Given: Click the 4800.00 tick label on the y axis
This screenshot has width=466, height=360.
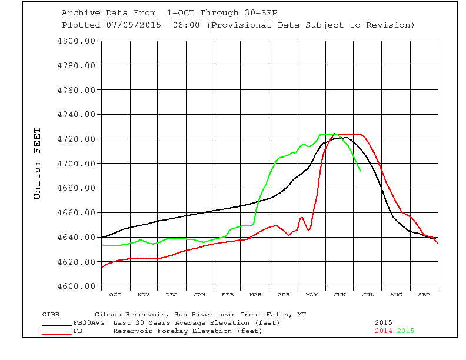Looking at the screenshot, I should tap(76, 41).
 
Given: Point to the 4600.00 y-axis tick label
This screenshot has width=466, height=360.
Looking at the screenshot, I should tap(76, 286).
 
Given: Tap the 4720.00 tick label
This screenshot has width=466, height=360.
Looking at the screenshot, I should tap(76, 139).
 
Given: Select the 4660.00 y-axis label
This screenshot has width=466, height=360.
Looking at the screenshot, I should tap(76, 212).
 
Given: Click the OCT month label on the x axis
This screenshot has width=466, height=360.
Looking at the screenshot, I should tap(115, 294).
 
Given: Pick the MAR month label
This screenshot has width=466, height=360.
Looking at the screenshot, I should tap(256, 294).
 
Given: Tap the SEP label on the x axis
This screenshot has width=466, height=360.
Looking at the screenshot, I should tap(424, 294).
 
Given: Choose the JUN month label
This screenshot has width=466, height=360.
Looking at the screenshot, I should tap(340, 294).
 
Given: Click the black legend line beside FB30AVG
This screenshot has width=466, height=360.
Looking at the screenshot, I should tap(57, 325).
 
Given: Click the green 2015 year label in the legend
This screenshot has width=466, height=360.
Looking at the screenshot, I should tap(405, 331).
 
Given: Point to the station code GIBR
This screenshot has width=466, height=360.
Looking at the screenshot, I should tap(51, 314).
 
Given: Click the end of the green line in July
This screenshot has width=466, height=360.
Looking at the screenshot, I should tap(360, 171).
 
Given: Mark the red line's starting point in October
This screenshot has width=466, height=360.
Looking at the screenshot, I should tap(102, 267).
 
